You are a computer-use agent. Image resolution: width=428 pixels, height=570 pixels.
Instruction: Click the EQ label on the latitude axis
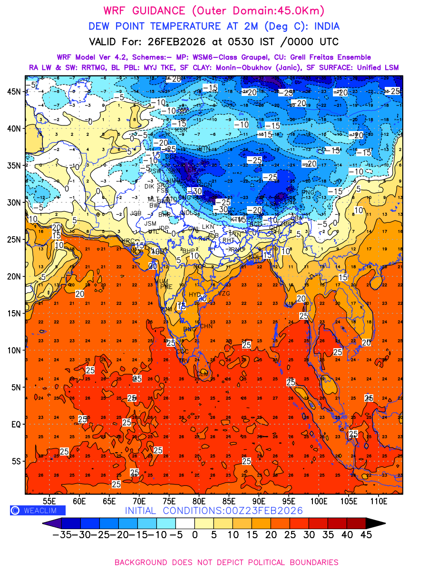click(x=16, y=424)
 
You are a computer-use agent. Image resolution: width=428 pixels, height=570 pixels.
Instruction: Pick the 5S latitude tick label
click(x=17, y=461)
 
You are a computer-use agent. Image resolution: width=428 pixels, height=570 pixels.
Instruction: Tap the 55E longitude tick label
click(x=49, y=501)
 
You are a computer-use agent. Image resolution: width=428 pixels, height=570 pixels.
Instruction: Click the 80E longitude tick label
click(x=199, y=501)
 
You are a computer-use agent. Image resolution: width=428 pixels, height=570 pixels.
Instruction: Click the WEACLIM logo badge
click(x=38, y=510)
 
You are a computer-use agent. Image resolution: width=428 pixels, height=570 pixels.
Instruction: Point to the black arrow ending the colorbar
click(x=375, y=523)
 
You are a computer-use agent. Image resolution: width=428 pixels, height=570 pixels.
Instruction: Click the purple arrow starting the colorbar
click(x=48, y=523)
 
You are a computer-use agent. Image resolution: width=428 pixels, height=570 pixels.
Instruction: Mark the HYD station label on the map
click(x=195, y=295)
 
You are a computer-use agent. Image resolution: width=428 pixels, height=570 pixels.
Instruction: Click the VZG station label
click(x=224, y=294)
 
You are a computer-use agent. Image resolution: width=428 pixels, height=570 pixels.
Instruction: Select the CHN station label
click(x=206, y=326)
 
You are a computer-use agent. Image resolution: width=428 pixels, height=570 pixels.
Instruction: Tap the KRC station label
click(x=129, y=241)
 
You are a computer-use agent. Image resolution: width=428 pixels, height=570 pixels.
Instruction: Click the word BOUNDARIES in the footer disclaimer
click(x=305, y=562)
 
